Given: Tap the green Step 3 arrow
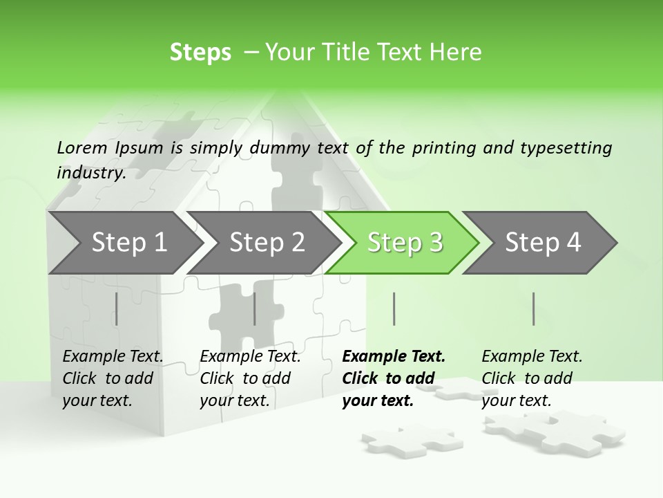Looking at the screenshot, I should pos(405,243).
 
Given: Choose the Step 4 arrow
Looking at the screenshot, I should pos(543,243).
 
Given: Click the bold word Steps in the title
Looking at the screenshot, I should pos(200,53).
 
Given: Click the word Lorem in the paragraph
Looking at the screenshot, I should pos(81,148).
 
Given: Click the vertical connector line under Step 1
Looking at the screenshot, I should pos(117,308).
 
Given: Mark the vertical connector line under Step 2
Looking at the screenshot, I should pos(255,308).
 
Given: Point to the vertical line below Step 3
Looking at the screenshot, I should pos(394,308).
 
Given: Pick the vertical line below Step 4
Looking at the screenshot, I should pos(533,308).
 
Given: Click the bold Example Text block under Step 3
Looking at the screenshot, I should pos(393,378).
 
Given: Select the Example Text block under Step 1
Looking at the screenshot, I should pos(113,378).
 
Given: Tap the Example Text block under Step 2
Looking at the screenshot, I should pos(250,378).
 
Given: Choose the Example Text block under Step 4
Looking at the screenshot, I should pos(532,378).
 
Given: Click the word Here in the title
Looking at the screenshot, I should pos(454,53).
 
